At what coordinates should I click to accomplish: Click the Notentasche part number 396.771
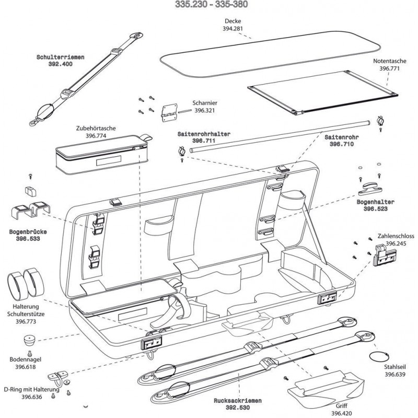390,68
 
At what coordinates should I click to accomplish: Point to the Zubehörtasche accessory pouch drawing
99,154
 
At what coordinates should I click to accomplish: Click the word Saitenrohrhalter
204,134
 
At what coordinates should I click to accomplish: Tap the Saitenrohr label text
343,136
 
